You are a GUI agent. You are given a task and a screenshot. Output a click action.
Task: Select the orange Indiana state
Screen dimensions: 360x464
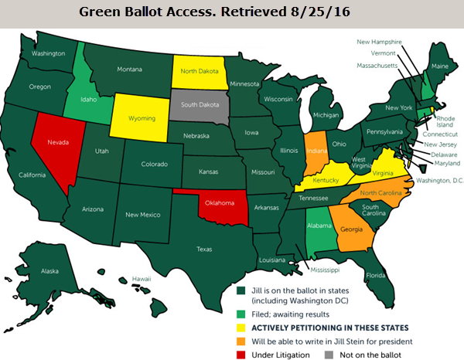coord(315,146)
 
